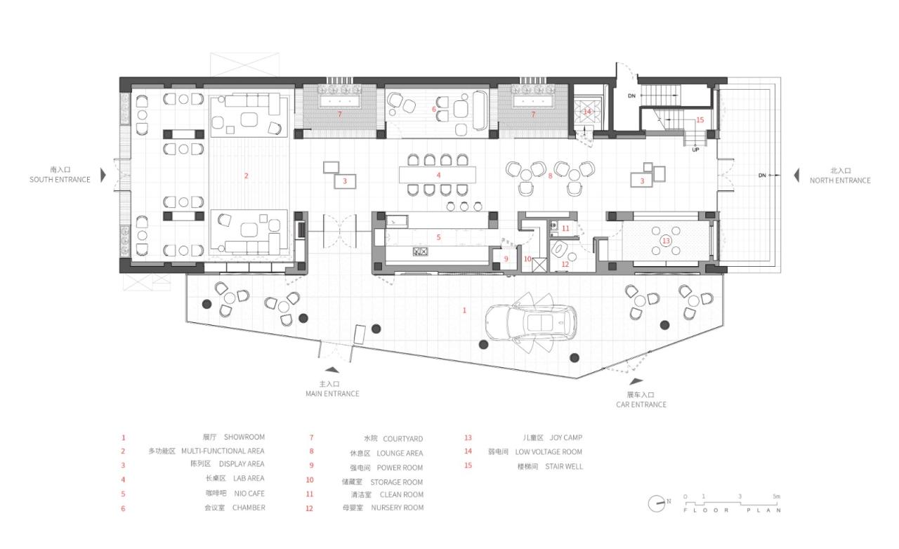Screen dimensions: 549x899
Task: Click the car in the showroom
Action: tap(537, 322)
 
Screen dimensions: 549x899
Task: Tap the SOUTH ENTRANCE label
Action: tap(60, 180)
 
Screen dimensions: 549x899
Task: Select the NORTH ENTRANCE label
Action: tap(840, 180)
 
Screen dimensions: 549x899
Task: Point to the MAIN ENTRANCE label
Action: tap(332, 394)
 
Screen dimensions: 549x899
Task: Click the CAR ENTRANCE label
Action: tap(641, 404)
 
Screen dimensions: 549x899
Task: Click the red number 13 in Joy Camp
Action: tap(666, 241)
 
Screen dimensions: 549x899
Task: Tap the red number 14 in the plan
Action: tap(587, 112)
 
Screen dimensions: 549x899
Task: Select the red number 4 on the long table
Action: tap(438, 175)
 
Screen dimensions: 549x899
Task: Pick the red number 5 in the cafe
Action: tap(438, 237)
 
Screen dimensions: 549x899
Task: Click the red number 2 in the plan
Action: tap(247, 176)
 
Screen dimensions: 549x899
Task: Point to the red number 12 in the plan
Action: tap(565, 264)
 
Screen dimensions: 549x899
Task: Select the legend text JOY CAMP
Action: tap(565, 438)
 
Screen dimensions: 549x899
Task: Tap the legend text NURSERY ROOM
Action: tap(398, 508)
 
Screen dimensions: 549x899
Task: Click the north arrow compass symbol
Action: tap(657, 502)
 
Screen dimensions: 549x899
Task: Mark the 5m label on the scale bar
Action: tap(776, 496)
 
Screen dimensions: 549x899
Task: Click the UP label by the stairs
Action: tap(695, 150)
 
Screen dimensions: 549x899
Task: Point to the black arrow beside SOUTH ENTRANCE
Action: tap(103, 175)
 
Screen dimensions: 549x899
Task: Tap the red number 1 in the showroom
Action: tap(464, 310)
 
